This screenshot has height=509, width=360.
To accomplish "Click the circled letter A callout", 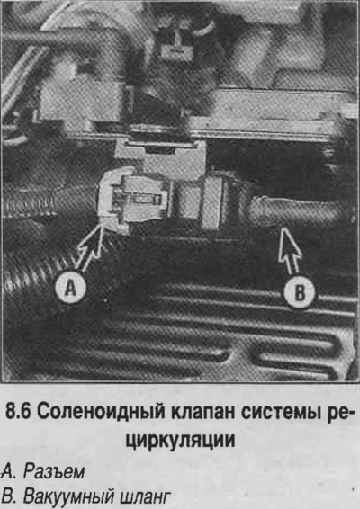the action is tap(70, 287).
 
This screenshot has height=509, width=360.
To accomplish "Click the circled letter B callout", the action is tap(299, 293).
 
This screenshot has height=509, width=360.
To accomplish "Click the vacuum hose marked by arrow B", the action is tap(292, 211).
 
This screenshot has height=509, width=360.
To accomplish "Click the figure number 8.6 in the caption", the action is tap(19, 412).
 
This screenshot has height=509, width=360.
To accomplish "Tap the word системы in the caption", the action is tap(280, 413).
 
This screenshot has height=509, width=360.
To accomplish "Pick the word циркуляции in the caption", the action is tap(180, 441).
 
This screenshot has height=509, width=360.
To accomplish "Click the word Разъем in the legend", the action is tap(54, 471).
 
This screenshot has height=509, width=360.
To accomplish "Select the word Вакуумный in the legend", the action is tap(68, 496).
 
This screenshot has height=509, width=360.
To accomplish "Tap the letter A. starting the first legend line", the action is tap(9, 471).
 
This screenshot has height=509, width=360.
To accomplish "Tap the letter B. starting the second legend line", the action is tap(9, 496).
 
